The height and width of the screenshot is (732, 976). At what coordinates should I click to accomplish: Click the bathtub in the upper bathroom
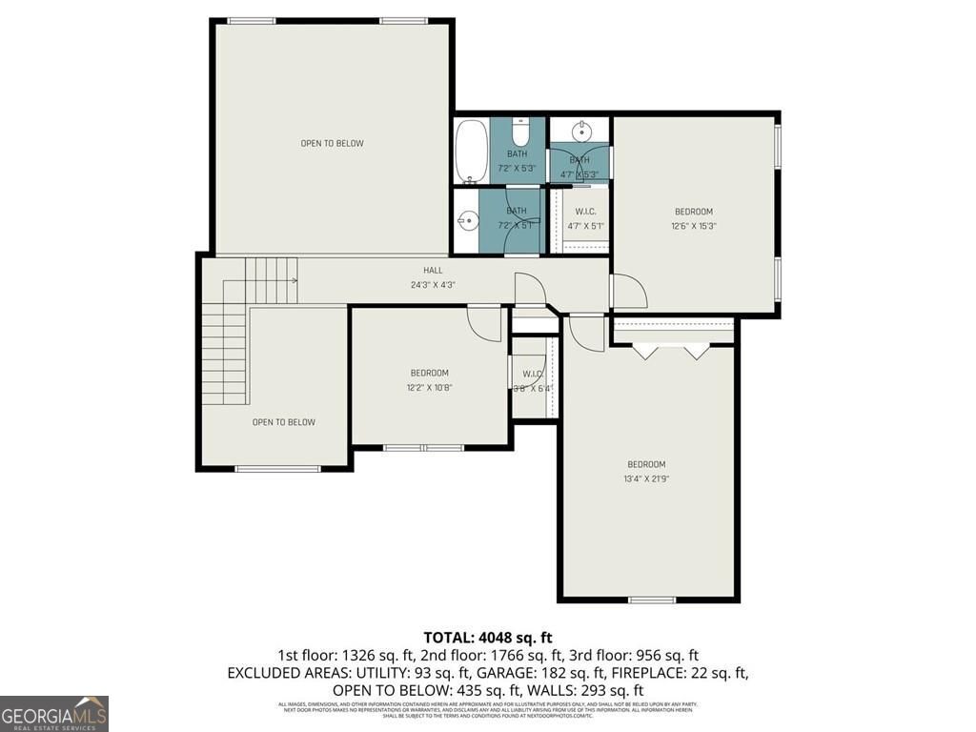[x=471, y=151]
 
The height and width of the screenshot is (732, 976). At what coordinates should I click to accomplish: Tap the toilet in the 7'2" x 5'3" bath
[x=519, y=132]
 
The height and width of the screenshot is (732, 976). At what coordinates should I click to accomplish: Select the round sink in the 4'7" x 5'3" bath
[x=581, y=131]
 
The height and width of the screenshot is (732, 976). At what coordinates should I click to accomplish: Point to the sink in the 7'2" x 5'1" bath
[x=465, y=221]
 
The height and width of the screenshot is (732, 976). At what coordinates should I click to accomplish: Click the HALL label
[x=433, y=271]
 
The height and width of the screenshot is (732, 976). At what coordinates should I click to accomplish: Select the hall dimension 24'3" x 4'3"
[x=433, y=284]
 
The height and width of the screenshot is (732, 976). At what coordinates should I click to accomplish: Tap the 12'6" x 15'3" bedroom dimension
[x=693, y=226]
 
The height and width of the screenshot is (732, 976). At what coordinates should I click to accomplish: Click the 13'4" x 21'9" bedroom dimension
[x=646, y=479]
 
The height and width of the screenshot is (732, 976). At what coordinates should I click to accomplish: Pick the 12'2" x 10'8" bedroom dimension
[x=429, y=387]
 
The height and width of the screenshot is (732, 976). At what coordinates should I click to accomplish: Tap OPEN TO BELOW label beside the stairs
[x=283, y=422]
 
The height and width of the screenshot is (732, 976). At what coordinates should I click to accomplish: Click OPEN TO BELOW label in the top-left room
[x=332, y=144]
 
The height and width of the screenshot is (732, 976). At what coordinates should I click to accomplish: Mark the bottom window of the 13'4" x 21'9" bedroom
[x=652, y=600]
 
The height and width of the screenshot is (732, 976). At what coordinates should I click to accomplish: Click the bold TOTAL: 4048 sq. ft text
[x=488, y=637]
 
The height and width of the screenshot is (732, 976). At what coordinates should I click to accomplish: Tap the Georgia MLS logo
[x=54, y=713]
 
